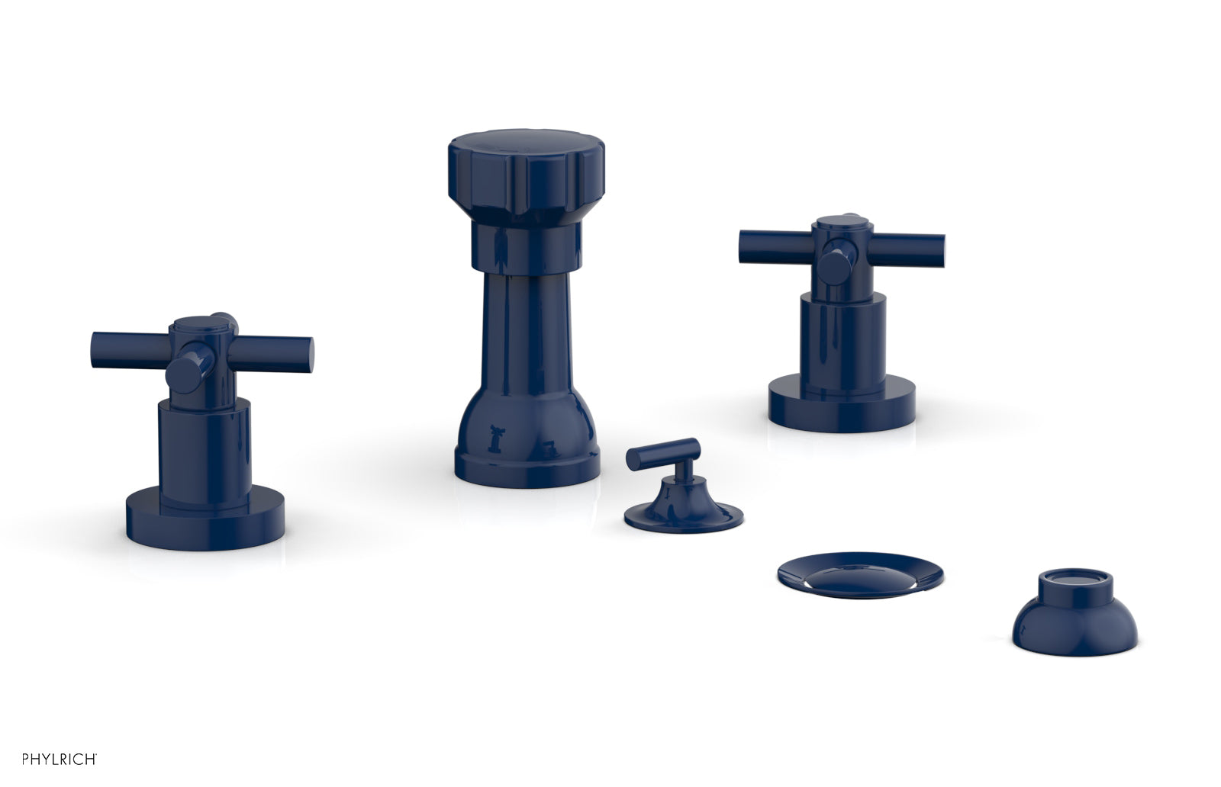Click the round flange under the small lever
pos(683,515)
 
